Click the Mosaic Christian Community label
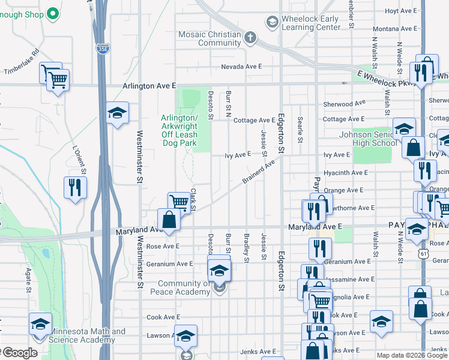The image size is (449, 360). pyautogui.click(x=209, y=38)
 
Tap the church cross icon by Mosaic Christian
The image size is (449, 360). pyautogui.click(x=250, y=38)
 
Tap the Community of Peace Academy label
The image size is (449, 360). pyautogui.click(x=183, y=288)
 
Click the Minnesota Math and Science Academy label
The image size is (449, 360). pyautogui.click(x=88, y=336)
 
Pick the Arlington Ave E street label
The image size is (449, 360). pyautogui.click(x=149, y=86)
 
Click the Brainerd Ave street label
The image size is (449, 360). pyautogui.click(x=259, y=171)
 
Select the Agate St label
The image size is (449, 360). pyautogui.click(x=28, y=280)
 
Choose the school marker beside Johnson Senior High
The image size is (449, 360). pyautogui.click(x=404, y=128)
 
